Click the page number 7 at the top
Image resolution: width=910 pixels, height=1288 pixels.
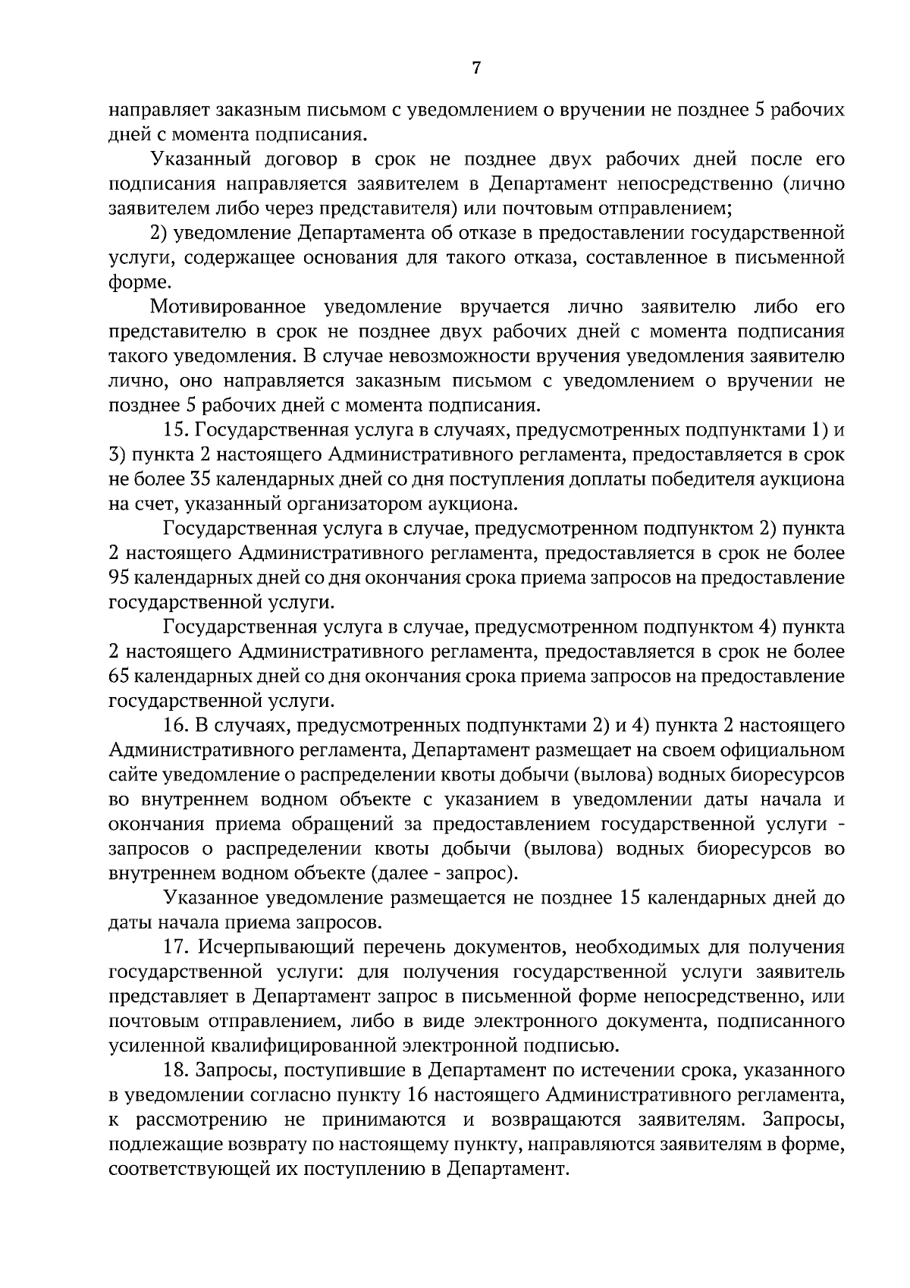click(x=475, y=68)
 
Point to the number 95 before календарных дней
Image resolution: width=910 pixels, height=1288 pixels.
click(x=121, y=578)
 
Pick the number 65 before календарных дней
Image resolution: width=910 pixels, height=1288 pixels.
click(x=121, y=676)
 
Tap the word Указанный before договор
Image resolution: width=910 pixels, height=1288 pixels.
click(x=198, y=160)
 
